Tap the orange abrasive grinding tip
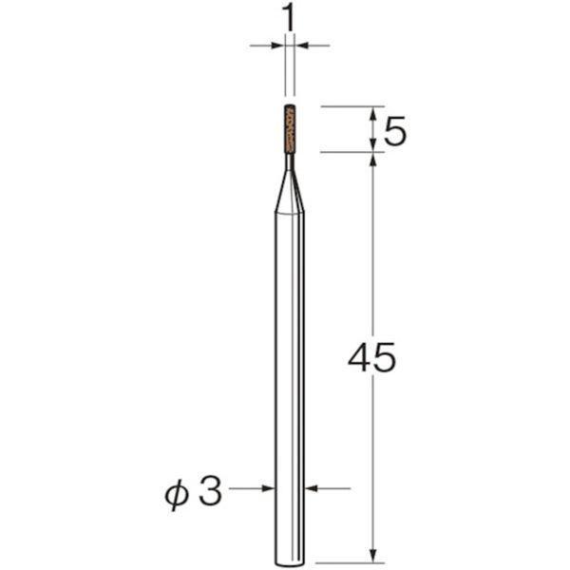tap(290, 127)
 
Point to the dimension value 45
tap(370, 358)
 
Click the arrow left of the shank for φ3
tap(266, 489)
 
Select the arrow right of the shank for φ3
tap(313, 489)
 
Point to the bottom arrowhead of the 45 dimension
tap(373, 553)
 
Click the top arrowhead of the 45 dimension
tap(373, 161)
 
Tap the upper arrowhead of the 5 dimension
tap(373, 113)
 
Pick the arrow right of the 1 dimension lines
tap(303, 45)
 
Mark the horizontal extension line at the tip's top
tap(351, 106)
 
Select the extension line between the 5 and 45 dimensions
tap(351, 151)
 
